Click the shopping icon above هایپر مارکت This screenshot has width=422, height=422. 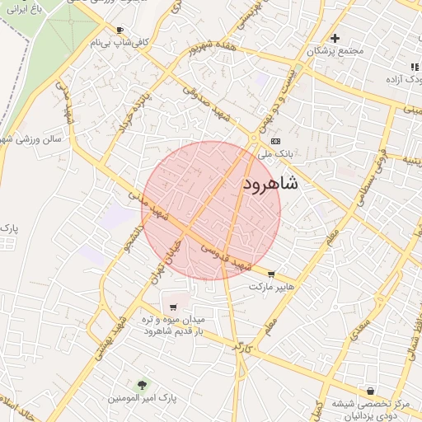coord(272,275)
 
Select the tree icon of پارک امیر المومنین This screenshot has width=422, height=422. coord(142,385)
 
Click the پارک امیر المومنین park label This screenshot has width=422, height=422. coord(142,398)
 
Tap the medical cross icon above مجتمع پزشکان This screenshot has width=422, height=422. coord(335,38)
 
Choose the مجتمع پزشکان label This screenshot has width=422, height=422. coord(335,51)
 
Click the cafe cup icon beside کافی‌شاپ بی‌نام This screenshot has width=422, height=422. coord(120,30)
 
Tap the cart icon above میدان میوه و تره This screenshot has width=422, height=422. coord(172,307)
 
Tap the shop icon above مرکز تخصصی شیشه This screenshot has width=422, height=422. coord(370,390)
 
